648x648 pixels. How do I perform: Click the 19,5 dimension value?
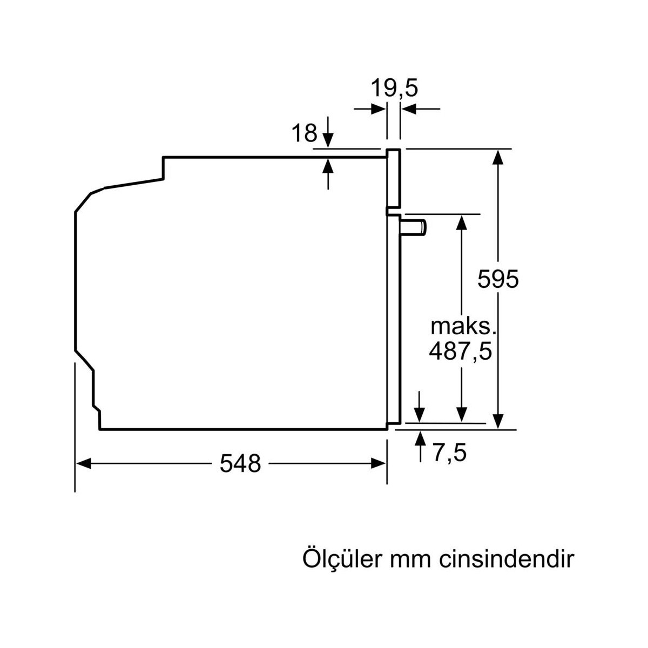[x=394, y=89]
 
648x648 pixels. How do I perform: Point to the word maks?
[x=463, y=327]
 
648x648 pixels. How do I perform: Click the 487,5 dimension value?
[x=461, y=352]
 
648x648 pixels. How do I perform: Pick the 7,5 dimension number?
[x=450, y=453]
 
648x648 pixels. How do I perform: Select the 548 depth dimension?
[x=240, y=463]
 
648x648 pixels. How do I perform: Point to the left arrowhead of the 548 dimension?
[x=84, y=463]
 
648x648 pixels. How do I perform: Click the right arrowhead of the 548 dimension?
[x=378, y=463]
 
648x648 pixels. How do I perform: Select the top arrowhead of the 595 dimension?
[x=498, y=157]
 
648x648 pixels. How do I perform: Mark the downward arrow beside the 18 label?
[x=328, y=132]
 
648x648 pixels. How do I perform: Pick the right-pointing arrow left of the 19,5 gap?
[x=370, y=109]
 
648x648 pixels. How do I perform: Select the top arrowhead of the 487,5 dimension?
[x=462, y=222]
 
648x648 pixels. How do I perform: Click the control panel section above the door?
[x=393, y=178]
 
